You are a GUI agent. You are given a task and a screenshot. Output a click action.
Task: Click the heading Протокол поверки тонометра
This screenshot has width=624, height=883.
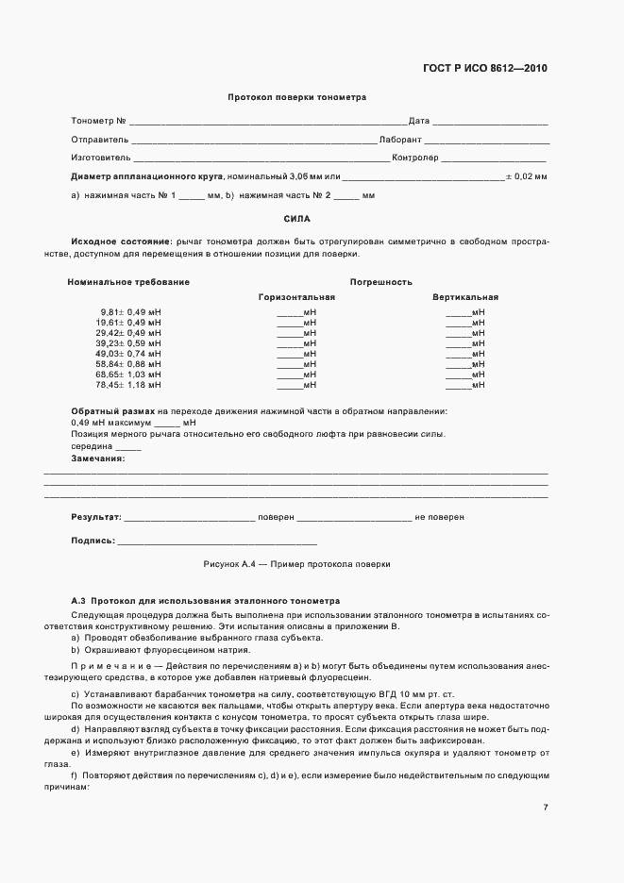296,97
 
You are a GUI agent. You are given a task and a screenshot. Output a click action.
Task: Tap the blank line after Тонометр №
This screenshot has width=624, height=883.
268,123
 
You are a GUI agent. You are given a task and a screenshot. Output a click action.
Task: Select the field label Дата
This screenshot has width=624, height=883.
419,121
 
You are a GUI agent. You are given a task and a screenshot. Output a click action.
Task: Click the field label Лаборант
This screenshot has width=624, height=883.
400,140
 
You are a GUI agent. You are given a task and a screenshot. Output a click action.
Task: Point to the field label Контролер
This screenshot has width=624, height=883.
415,158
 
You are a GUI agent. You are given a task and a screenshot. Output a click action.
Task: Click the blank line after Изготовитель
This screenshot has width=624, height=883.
261,159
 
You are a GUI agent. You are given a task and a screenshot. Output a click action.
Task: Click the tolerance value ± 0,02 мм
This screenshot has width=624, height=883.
527,176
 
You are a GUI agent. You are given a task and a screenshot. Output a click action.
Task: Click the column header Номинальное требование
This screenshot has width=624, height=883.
128,282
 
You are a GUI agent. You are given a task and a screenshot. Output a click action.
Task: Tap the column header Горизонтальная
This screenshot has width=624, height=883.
296,297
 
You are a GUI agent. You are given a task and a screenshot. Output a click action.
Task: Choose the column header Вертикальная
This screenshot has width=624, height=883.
465,297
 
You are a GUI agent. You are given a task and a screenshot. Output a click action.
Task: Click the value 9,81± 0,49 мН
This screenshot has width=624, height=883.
130,312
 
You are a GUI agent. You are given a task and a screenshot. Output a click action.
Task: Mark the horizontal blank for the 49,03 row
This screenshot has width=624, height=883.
289,355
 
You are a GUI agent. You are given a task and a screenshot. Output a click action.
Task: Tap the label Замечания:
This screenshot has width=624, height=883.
97,458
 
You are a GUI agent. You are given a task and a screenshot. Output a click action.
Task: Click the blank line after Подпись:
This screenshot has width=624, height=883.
217,542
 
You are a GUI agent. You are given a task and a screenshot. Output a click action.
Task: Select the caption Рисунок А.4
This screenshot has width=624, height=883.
229,564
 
